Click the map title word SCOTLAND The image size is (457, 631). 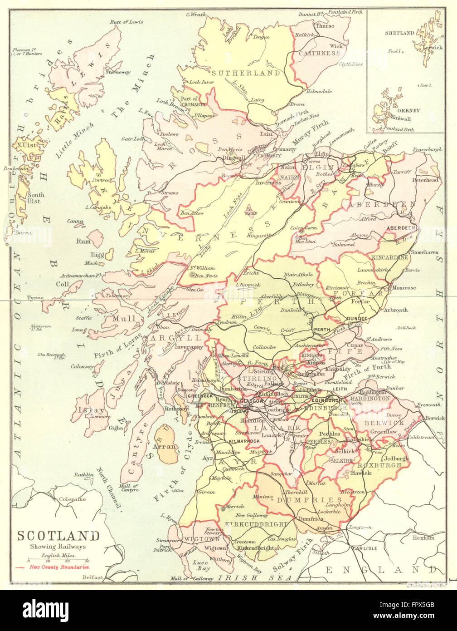[58, 536]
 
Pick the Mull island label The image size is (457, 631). [124, 318]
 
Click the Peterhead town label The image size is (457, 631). [425, 180]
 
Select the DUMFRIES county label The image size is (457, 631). [309, 499]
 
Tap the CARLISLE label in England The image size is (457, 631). [364, 548]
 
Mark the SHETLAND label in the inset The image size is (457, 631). [399, 33]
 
